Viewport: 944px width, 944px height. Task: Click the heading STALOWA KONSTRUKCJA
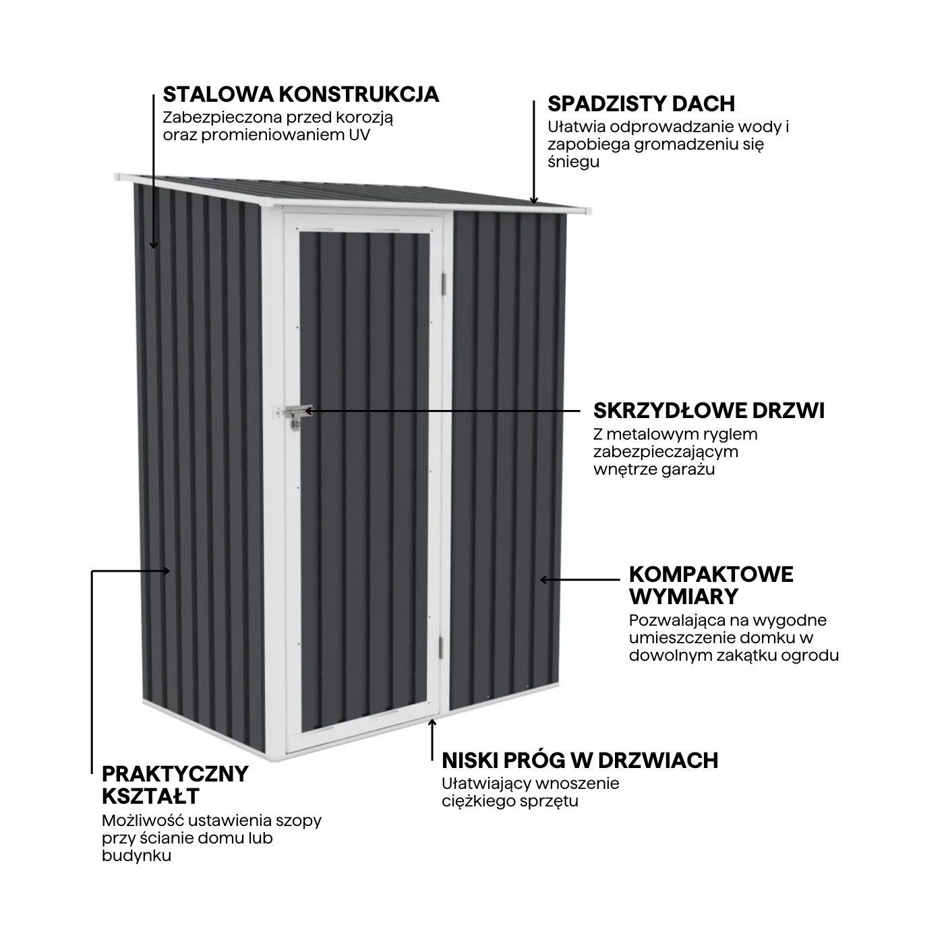click(x=301, y=94)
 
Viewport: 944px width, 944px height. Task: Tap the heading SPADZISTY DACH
click(x=641, y=104)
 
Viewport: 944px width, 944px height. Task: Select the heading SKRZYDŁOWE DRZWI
click(x=709, y=411)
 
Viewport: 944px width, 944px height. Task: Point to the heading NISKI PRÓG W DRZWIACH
click(x=580, y=761)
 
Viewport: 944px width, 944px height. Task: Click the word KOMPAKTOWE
click(x=711, y=574)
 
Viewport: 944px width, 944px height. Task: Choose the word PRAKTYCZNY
click(x=175, y=774)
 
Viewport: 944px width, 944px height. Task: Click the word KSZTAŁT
click(x=150, y=796)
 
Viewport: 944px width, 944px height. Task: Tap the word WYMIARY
click(x=683, y=597)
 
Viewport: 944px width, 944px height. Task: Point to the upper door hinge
click(x=444, y=284)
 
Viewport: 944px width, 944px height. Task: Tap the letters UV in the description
click(x=359, y=136)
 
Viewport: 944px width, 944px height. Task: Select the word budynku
click(x=137, y=856)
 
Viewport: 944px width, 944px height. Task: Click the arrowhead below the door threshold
click(x=432, y=722)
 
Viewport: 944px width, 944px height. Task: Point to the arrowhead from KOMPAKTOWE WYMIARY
click(x=543, y=579)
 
